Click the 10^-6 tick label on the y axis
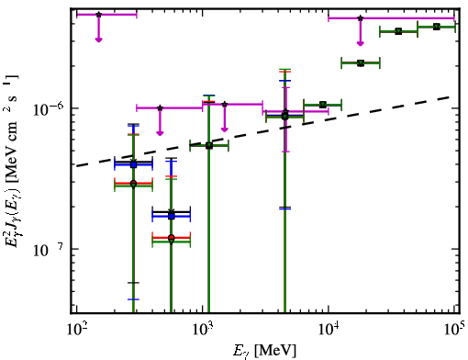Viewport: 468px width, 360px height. tap(48, 108)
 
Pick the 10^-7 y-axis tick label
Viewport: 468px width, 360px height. tap(48, 250)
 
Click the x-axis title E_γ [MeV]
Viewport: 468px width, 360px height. tap(264, 350)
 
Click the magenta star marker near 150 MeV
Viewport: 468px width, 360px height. tap(98, 15)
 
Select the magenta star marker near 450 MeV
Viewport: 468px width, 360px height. tap(160, 107)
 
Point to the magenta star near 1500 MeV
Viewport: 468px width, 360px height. tap(225, 105)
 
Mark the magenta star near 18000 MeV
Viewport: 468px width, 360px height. tap(361, 18)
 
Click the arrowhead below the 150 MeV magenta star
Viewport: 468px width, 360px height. tap(98, 39)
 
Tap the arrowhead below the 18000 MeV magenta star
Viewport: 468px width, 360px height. tap(361, 43)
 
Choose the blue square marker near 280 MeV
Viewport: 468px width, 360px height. tap(133, 164)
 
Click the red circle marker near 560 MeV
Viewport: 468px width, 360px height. tap(172, 238)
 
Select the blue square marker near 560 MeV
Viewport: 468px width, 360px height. tap(172, 216)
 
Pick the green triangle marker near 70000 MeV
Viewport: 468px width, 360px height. tap(437, 27)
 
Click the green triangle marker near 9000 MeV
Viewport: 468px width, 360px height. tap(322, 105)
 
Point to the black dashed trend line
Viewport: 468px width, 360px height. tap(263, 131)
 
